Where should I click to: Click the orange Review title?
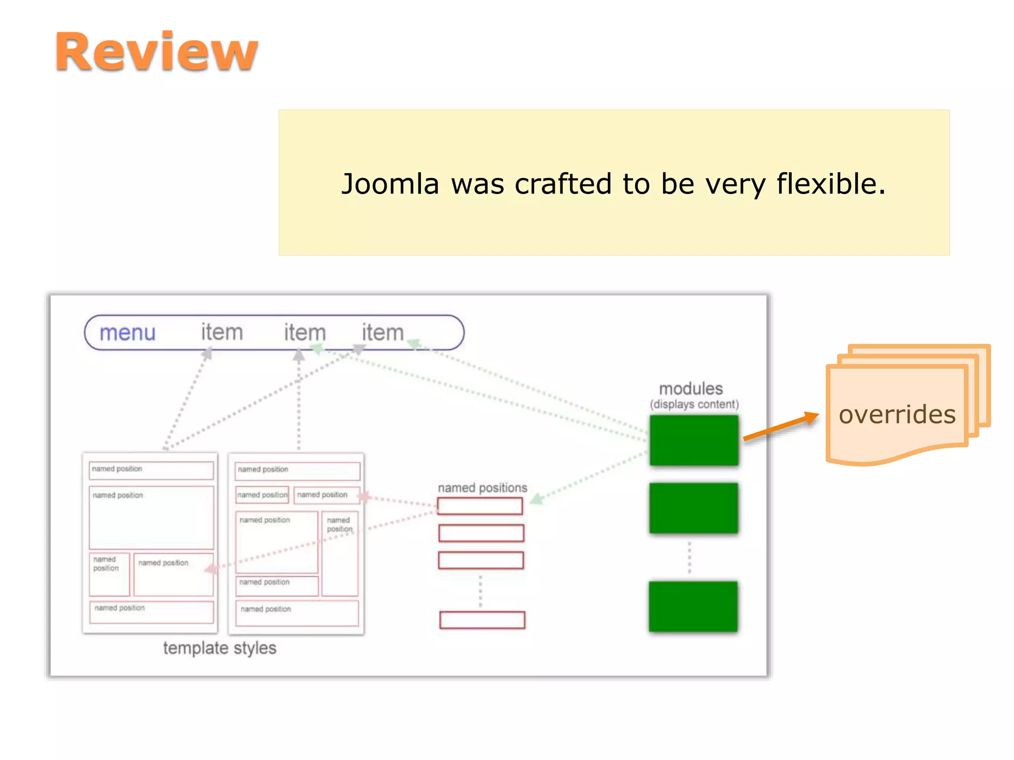tap(156, 51)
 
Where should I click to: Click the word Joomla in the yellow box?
tap(390, 184)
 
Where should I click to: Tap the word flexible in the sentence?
tap(830, 184)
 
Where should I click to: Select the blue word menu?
tap(128, 332)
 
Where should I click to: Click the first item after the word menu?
tap(222, 332)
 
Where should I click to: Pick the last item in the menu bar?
tap(383, 332)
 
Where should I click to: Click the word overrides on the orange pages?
tap(897, 415)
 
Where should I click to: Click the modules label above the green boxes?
tap(691, 388)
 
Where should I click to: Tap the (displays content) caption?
tap(694, 404)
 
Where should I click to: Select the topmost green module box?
tap(694, 440)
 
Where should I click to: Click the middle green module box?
tap(693, 508)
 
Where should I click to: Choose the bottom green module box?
tap(693, 607)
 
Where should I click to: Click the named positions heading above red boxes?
tap(482, 488)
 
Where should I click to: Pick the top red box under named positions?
tap(480, 506)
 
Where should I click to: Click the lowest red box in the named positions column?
tap(482, 620)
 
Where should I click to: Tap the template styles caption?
tap(219, 648)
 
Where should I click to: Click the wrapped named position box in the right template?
tap(340, 553)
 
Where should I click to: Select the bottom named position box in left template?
tap(151, 612)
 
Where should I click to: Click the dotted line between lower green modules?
tap(690, 558)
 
